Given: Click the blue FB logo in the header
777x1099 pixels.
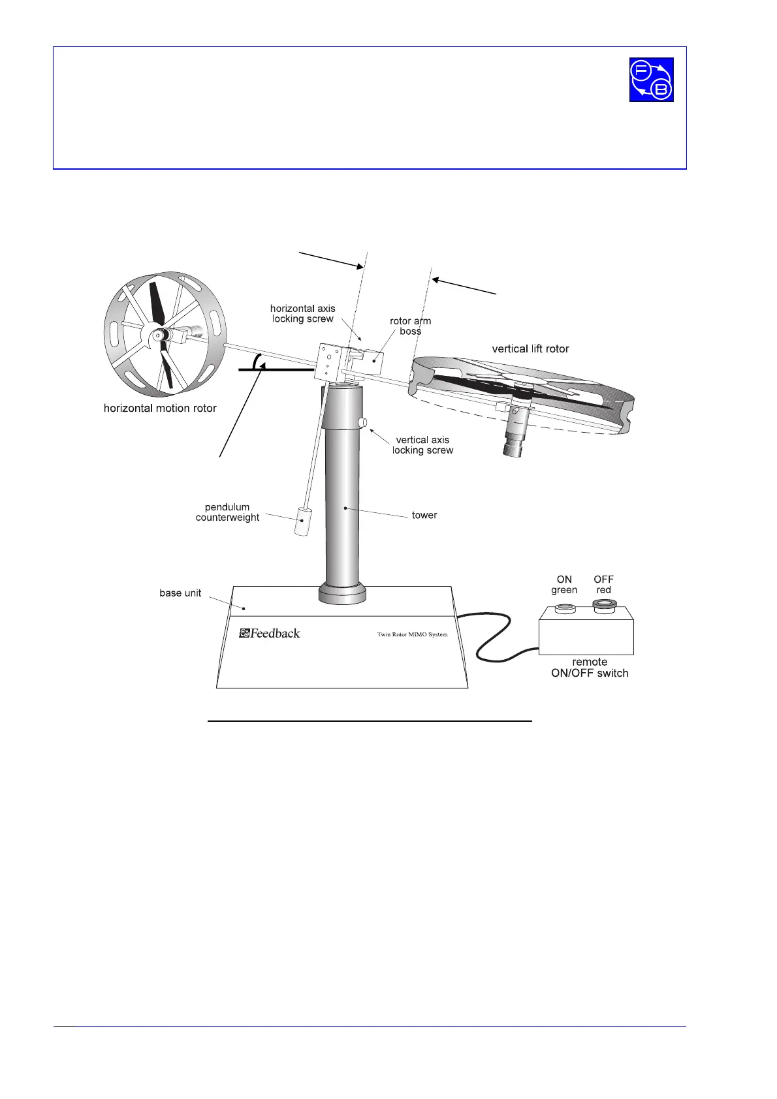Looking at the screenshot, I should coord(651,80).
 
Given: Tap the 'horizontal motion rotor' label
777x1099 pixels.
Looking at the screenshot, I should coord(160,409).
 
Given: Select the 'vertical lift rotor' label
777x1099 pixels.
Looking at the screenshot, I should coord(530,349).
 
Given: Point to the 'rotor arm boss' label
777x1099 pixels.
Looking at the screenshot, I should coord(410,326).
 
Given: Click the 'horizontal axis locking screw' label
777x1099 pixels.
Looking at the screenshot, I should coord(303,313).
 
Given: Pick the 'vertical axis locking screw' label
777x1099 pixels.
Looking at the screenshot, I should coord(422,445).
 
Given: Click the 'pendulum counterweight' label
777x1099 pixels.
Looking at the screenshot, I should coord(227,512).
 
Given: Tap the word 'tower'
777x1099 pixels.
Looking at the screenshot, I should coord(424,516).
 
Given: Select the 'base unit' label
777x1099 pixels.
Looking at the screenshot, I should coord(180,593).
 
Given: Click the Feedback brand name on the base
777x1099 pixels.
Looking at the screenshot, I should coord(270,633).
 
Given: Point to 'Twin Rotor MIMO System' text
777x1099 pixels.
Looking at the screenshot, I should coord(412,634).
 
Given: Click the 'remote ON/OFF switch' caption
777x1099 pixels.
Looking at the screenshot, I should coord(590,668).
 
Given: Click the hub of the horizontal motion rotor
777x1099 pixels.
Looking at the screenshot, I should coord(157,335).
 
